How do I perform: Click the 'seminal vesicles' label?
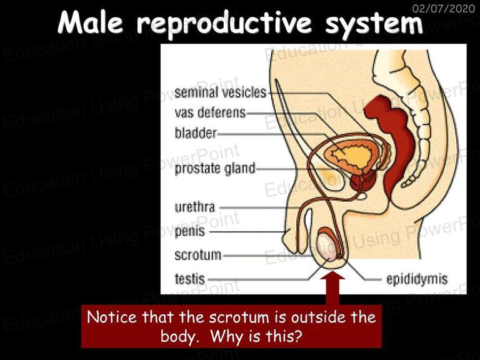click(221, 92)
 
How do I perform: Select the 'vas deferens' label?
click(210, 112)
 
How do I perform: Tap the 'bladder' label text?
click(196, 133)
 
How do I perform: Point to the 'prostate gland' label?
click(215, 169)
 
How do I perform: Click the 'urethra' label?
click(195, 207)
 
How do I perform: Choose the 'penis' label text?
click(190, 231)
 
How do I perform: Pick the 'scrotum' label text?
click(197, 255)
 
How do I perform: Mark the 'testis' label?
click(190, 279)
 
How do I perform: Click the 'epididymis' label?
click(417, 279)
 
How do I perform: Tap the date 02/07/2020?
click(444, 8)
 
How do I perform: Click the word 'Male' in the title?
click(91, 22)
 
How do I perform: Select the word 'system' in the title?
click(374, 24)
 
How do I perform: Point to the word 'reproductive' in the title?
click(224, 24)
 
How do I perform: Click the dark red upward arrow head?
click(332, 275)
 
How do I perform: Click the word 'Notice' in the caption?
click(112, 317)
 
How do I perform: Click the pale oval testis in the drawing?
click(327, 246)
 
